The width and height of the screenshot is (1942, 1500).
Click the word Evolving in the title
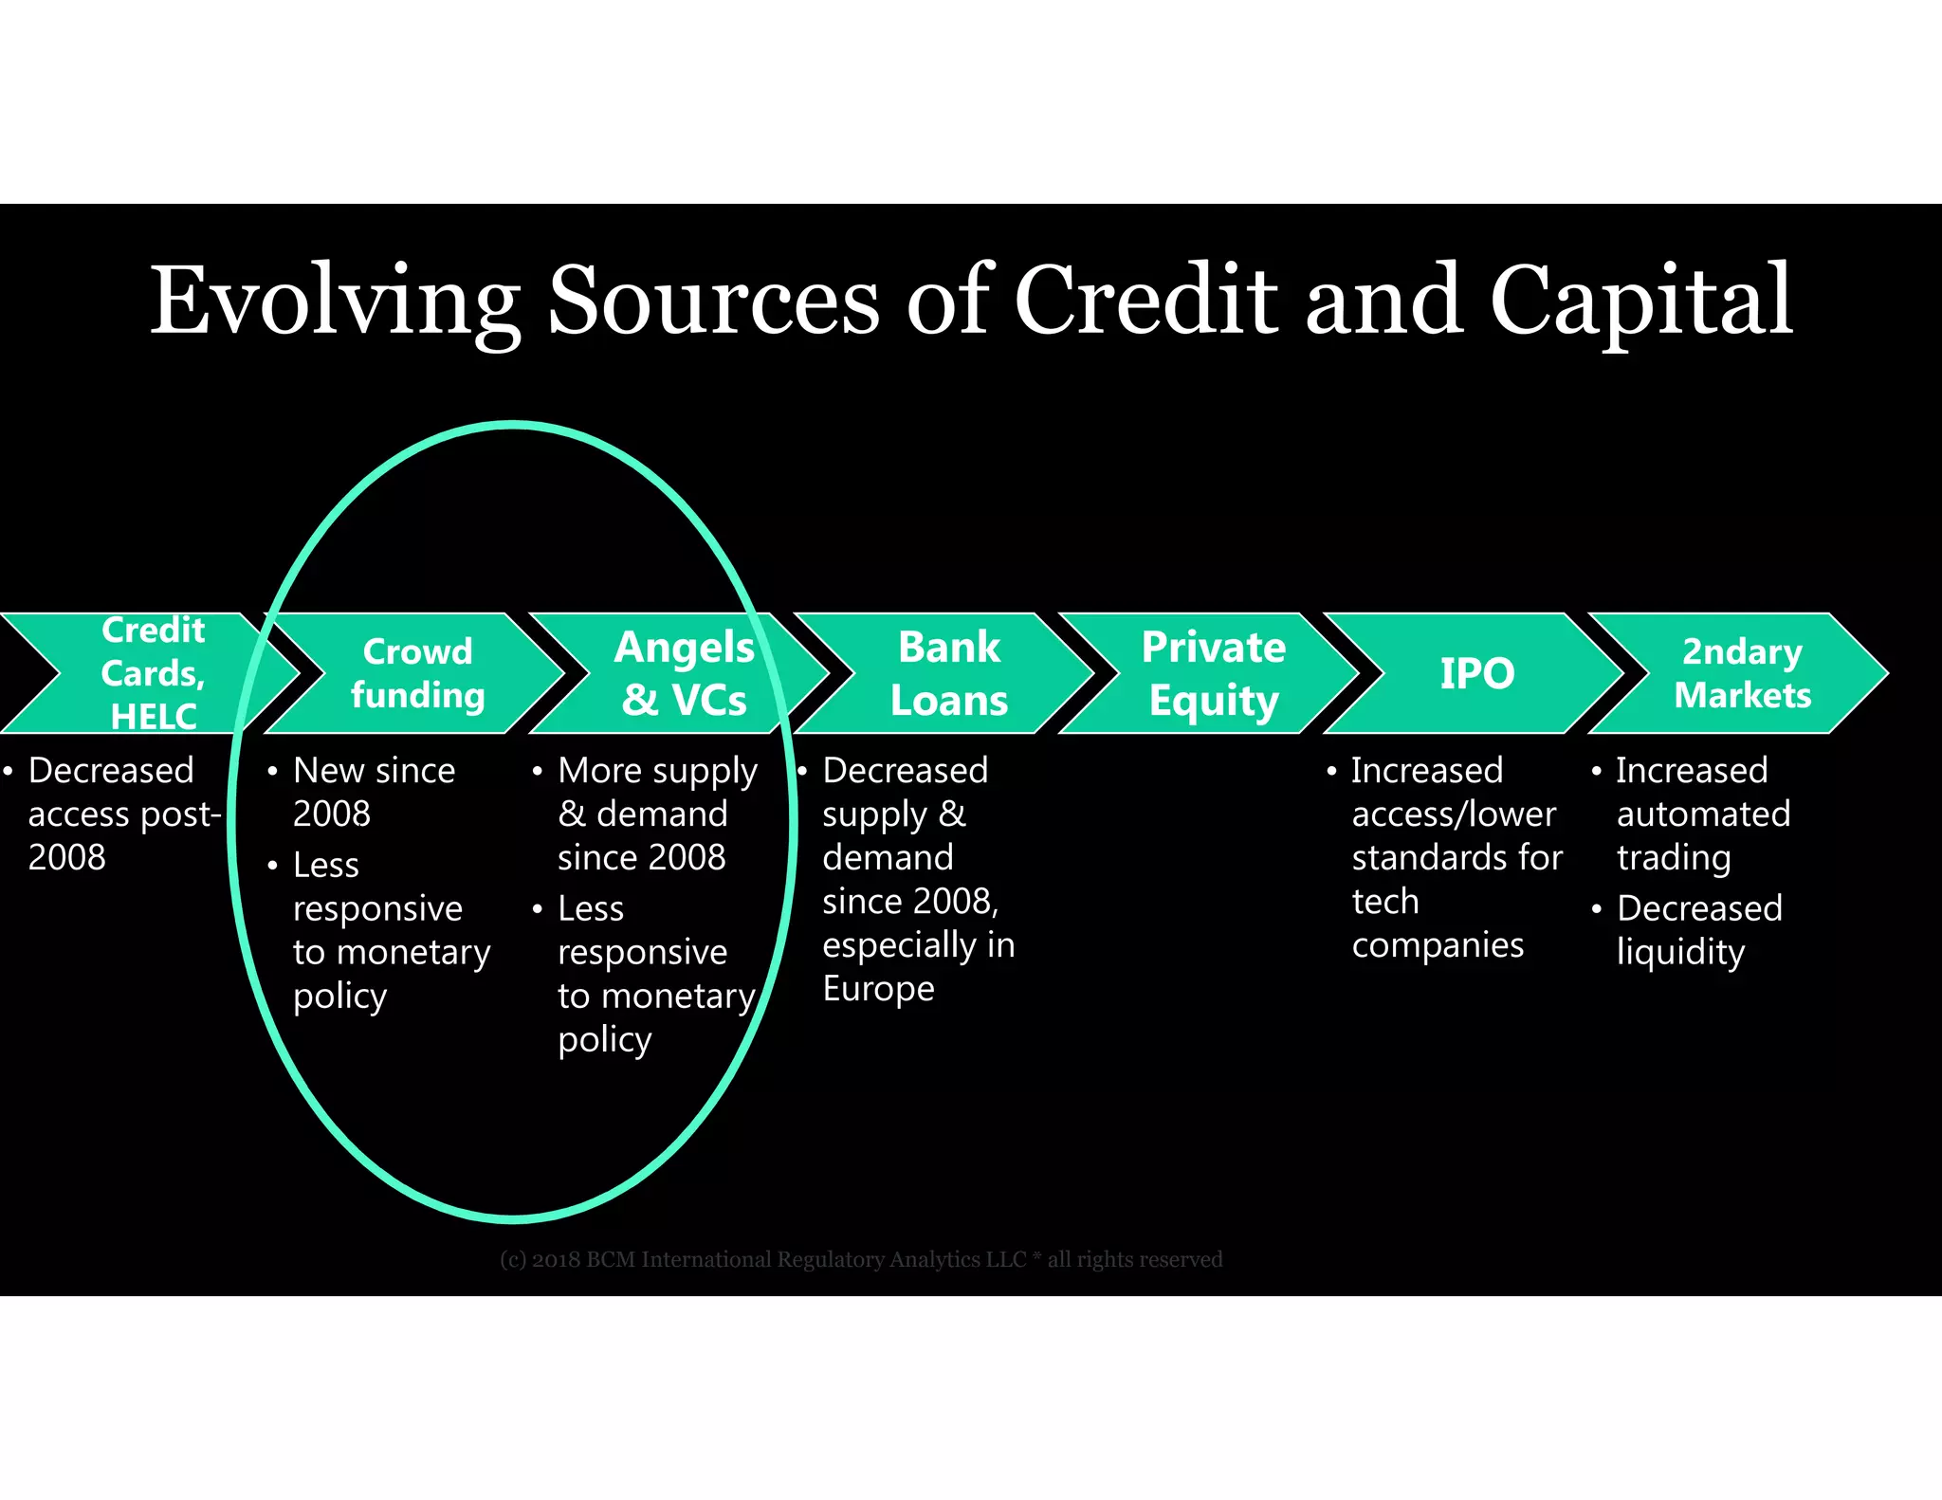click(335, 302)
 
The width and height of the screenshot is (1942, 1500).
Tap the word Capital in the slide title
click(1640, 302)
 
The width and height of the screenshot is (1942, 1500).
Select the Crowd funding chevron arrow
click(417, 673)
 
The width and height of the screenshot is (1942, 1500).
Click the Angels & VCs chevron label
click(684, 673)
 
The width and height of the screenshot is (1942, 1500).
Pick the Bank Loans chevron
click(948, 673)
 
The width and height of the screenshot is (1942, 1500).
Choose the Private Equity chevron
click(1214, 673)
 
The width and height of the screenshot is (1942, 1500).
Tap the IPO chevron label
click(1476, 673)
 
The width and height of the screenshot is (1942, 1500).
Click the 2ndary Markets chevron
click(1742, 673)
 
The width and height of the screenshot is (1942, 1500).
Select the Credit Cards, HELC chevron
click(153, 673)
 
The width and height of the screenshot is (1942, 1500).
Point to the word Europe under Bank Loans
click(878, 988)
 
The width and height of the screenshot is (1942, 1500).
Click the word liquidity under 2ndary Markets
click(1680, 952)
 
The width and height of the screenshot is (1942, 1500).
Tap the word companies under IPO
click(1438, 944)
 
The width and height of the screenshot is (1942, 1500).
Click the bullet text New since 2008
click(374, 792)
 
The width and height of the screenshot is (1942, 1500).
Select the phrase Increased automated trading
click(1702, 814)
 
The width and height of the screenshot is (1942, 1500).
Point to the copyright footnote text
click(861, 1259)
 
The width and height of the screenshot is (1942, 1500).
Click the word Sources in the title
click(714, 302)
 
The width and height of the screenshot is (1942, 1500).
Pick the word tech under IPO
click(1384, 901)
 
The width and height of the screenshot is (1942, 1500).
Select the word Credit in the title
click(1145, 302)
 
